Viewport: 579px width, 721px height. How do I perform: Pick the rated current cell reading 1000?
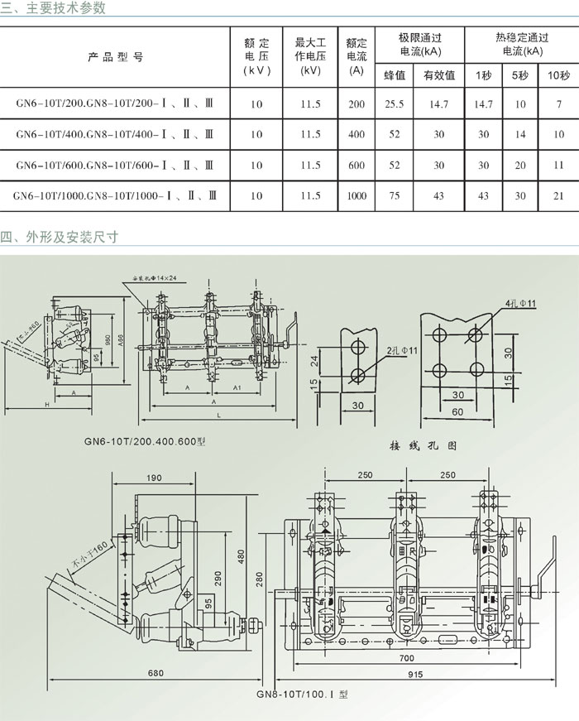(x=356, y=195)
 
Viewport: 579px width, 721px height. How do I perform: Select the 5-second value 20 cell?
(x=519, y=165)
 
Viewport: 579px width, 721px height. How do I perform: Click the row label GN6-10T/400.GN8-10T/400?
(x=117, y=134)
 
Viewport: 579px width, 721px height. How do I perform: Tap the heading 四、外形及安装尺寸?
(x=59, y=237)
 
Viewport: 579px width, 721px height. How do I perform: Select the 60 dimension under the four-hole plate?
(x=457, y=411)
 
